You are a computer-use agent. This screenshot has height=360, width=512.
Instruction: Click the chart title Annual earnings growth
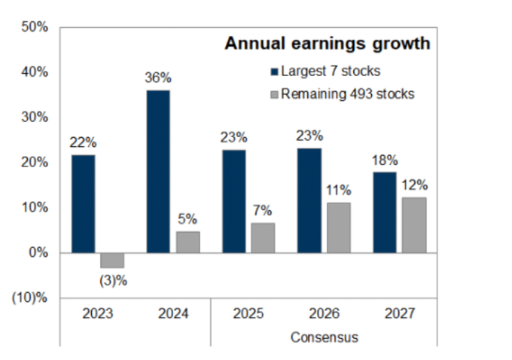tap(328, 44)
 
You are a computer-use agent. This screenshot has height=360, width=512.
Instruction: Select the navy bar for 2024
tap(158, 171)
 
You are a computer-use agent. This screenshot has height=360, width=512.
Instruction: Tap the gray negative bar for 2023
tap(112, 261)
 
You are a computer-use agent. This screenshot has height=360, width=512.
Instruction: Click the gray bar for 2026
tap(339, 227)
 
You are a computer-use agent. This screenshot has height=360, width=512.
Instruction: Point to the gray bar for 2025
tap(263, 237)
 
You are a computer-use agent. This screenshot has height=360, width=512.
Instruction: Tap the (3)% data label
tap(112, 282)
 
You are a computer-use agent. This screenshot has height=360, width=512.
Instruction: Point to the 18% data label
tap(385, 160)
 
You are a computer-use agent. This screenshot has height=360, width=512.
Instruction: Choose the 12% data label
tap(414, 185)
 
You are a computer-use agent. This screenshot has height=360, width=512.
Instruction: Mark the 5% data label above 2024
tap(187, 219)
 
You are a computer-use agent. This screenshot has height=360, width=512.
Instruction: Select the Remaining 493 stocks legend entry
tap(342, 94)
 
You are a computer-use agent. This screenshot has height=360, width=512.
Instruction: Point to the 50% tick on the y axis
tap(35, 27)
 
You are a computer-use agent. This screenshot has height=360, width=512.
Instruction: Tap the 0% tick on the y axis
tap(38, 253)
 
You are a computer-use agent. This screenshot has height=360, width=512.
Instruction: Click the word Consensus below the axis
tap(325, 337)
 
